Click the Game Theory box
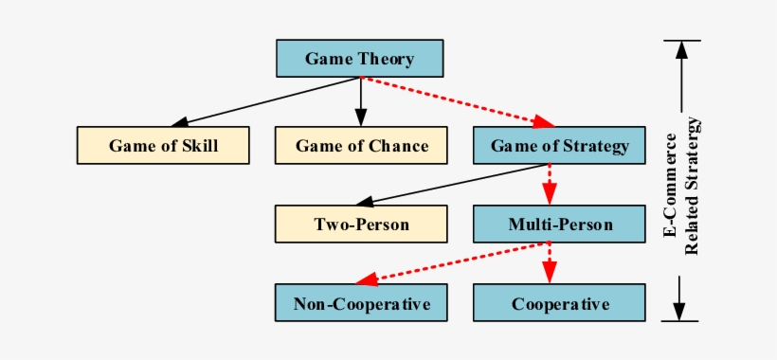pyautogui.click(x=359, y=58)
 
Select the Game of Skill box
pyautogui.click(x=163, y=145)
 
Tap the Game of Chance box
pyautogui.click(x=361, y=145)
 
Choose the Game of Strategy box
pyautogui.click(x=559, y=145)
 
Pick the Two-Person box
pyautogui.click(x=361, y=225)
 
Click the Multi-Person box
pyautogui.click(x=559, y=225)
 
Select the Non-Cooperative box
pyautogui.click(x=361, y=304)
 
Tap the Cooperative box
pyautogui.click(x=559, y=304)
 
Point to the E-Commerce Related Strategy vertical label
pyautogui.click(x=681, y=185)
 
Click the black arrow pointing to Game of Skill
pyautogui.click(x=265, y=101)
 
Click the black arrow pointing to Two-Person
pyautogui.click(x=445, y=186)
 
